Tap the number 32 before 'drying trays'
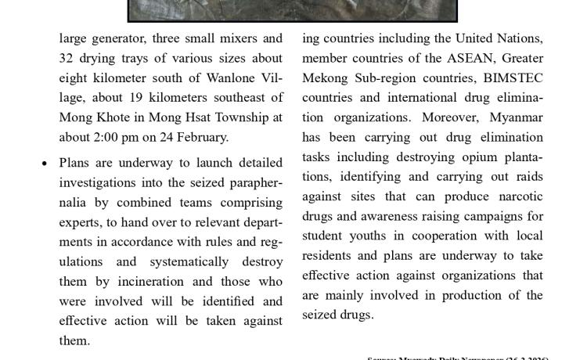pyautogui.click(x=67, y=58)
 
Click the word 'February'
pyautogui.click(x=201, y=137)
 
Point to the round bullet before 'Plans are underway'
pyautogui.click(x=45, y=163)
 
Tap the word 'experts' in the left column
pyautogui.click(x=84, y=221)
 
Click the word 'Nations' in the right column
pyautogui.click(x=519, y=38)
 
